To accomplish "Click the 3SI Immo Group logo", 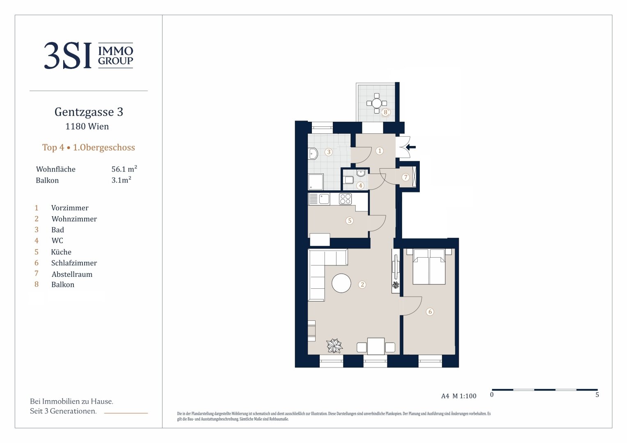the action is (89, 55).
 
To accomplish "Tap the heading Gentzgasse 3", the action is (89, 112).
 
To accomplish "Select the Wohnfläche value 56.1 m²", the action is (124, 169).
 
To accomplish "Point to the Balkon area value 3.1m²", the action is (121, 180).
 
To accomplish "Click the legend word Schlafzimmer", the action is (74, 263).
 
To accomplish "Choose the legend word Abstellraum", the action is (72, 274).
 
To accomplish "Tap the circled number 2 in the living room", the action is (362, 285).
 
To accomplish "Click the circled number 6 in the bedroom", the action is (430, 311).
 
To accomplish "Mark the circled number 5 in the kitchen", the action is (349, 221).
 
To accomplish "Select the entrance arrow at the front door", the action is (411, 147).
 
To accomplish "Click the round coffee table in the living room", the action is (341, 283).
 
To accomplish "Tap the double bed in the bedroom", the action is (429, 267).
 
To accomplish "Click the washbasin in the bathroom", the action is (312, 153).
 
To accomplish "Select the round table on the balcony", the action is (377, 103).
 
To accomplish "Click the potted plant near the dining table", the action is (334, 346).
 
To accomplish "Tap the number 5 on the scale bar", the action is (597, 395).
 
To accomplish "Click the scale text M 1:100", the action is (465, 396).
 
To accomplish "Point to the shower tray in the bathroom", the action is (316, 182).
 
